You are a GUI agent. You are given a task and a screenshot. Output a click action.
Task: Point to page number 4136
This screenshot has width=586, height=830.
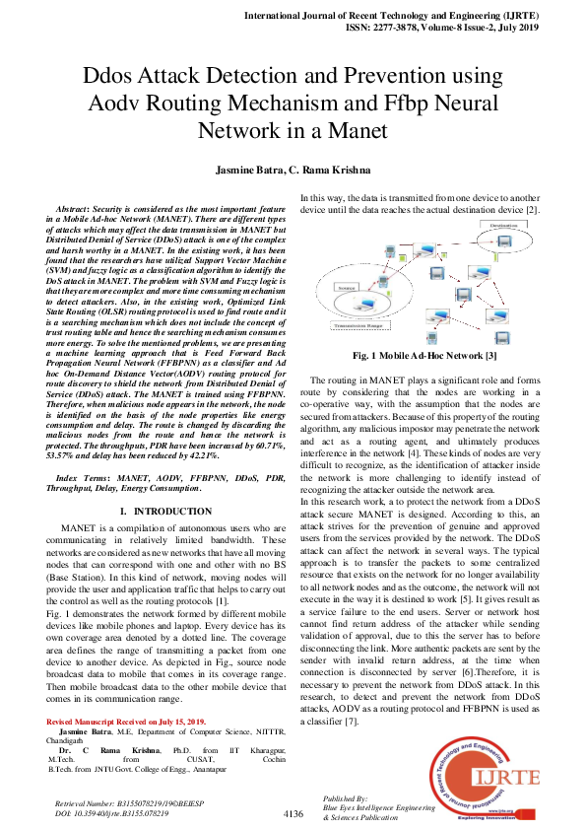[293, 814]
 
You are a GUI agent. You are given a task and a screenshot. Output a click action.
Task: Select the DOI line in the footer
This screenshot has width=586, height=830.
[111, 815]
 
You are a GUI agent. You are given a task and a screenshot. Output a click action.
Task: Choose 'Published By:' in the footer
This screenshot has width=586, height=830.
[345, 797]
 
